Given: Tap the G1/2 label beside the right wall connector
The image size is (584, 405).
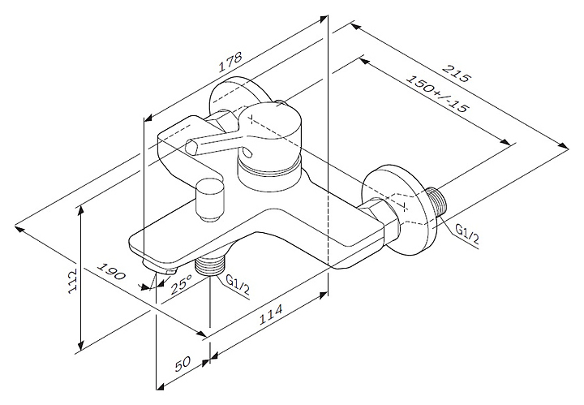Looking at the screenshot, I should [x=468, y=234].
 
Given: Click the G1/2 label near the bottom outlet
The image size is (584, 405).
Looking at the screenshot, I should [x=237, y=282].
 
